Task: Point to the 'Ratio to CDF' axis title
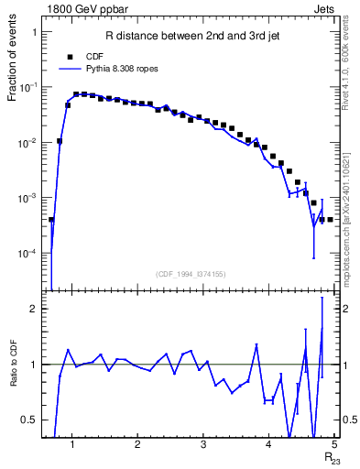pyautogui.click(x=14, y=376)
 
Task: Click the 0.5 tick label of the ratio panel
pyautogui.click(x=30, y=420)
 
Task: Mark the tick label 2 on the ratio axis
pyautogui.click(x=34, y=310)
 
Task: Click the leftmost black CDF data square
pyautogui.click(x=51, y=220)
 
